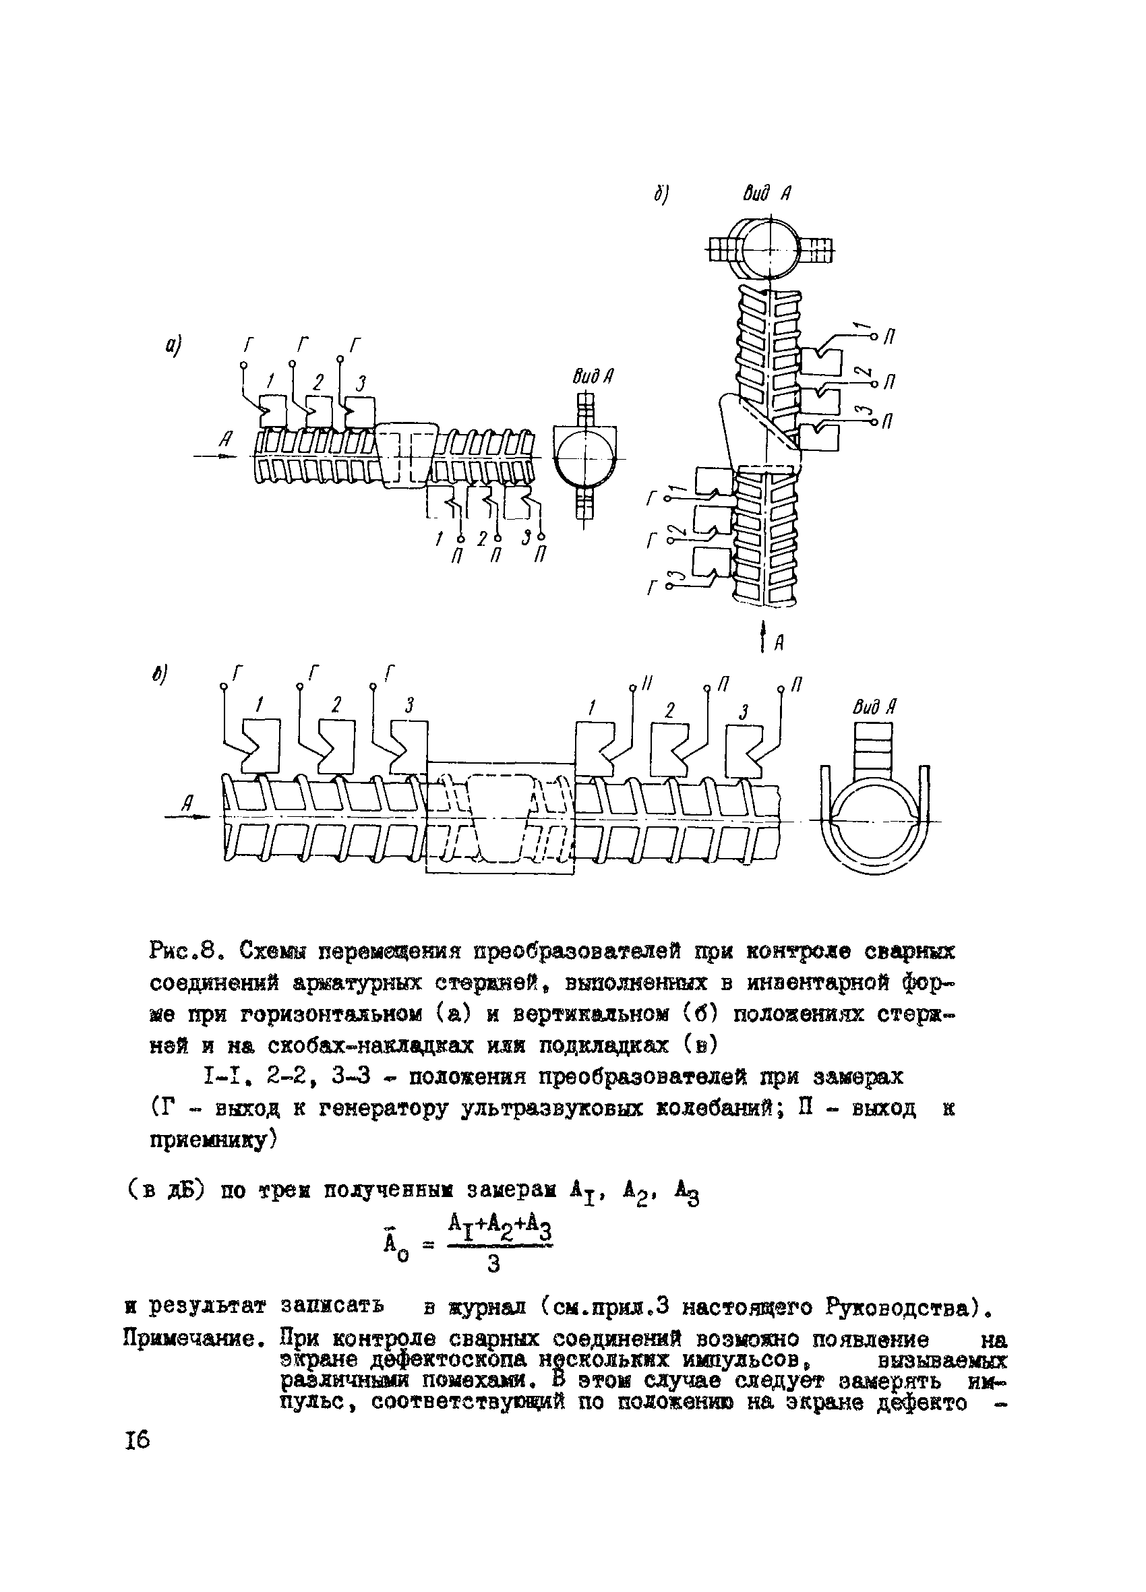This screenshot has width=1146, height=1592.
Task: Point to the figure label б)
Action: point(660,196)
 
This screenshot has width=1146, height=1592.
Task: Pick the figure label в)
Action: point(162,675)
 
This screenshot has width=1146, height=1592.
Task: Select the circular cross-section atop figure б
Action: point(770,250)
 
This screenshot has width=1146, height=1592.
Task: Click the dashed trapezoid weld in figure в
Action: point(501,818)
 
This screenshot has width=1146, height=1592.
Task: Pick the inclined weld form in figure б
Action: point(760,433)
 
